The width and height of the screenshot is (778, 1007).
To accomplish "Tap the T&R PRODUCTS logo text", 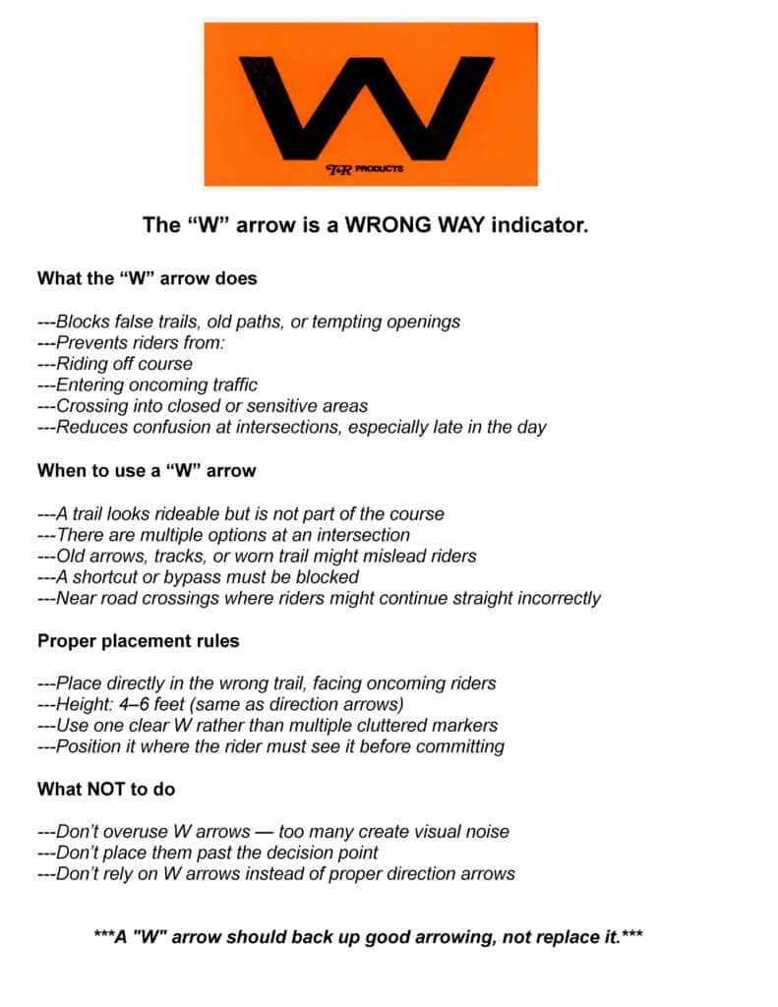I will (x=364, y=169).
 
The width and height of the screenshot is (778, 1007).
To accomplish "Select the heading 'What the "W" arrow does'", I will (x=147, y=278).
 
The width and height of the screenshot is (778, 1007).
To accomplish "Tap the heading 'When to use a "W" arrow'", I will (x=147, y=470).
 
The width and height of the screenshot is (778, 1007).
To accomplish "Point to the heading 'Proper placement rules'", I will (x=139, y=641).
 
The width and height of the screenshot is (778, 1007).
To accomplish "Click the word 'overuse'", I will (x=135, y=832).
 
